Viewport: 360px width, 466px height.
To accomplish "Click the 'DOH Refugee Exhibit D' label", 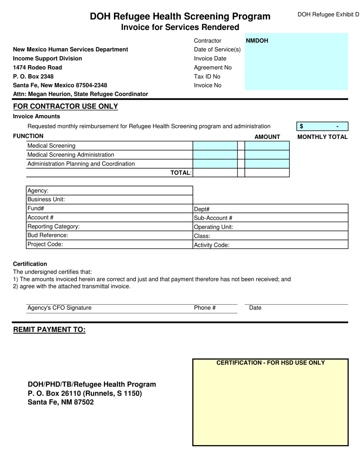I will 328,15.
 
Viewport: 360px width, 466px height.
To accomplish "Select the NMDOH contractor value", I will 257,41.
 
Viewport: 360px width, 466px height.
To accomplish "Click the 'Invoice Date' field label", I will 210,59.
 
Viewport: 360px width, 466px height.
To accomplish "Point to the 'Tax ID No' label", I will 207,77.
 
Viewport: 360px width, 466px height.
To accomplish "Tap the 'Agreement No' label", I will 213,67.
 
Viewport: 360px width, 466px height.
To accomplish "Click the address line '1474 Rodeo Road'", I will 38,67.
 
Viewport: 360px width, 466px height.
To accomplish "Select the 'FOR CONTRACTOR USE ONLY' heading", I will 66,106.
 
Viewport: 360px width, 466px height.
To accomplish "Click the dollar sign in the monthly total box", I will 302,127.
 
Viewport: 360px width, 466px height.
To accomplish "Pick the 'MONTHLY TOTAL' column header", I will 322,137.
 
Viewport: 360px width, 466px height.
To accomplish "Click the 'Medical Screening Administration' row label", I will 71,155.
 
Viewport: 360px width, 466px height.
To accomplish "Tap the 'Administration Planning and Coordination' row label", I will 81,164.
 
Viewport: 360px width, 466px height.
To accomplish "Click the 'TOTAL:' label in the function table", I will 181,173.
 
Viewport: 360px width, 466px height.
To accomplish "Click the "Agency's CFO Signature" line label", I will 59,308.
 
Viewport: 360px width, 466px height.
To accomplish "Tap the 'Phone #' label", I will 205,308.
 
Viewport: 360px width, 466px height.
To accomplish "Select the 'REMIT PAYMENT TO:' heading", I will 50,330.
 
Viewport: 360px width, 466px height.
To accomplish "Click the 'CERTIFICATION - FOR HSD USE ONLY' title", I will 271,363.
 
